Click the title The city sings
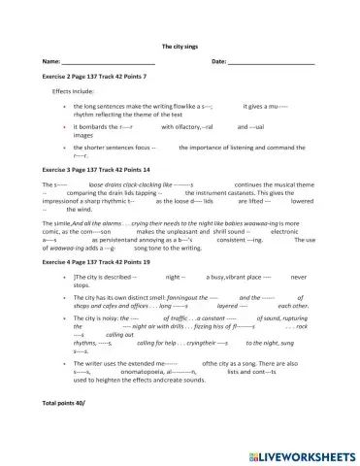pos(180,46)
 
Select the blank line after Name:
pos(108,62)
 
